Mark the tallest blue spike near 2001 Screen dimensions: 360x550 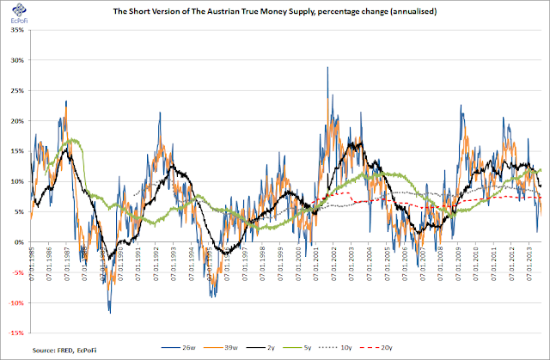tap(327, 69)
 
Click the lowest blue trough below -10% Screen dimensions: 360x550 tap(109, 312)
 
